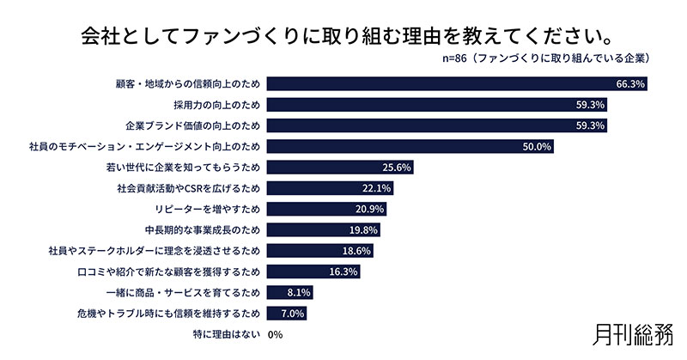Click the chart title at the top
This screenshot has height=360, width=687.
(343, 36)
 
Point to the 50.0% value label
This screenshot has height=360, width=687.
(536, 147)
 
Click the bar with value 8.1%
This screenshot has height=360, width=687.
(289, 293)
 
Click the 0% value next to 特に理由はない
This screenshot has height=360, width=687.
(276, 335)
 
